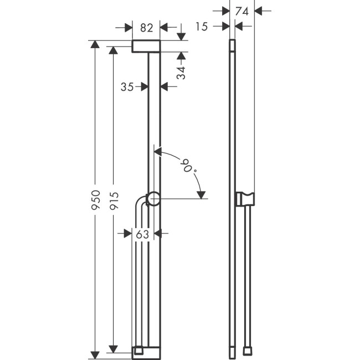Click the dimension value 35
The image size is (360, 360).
pyautogui.click(x=127, y=86)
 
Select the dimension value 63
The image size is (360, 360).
pyautogui.click(x=143, y=234)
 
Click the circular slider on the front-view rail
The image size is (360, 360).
pyautogui.click(x=154, y=198)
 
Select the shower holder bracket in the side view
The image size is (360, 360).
pyautogui.click(x=245, y=198)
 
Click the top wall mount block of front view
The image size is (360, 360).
pyautogui.click(x=146, y=45)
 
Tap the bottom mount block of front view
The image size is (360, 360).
pyautogui.click(x=146, y=351)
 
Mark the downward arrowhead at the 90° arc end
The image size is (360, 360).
pyautogui.click(x=202, y=194)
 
